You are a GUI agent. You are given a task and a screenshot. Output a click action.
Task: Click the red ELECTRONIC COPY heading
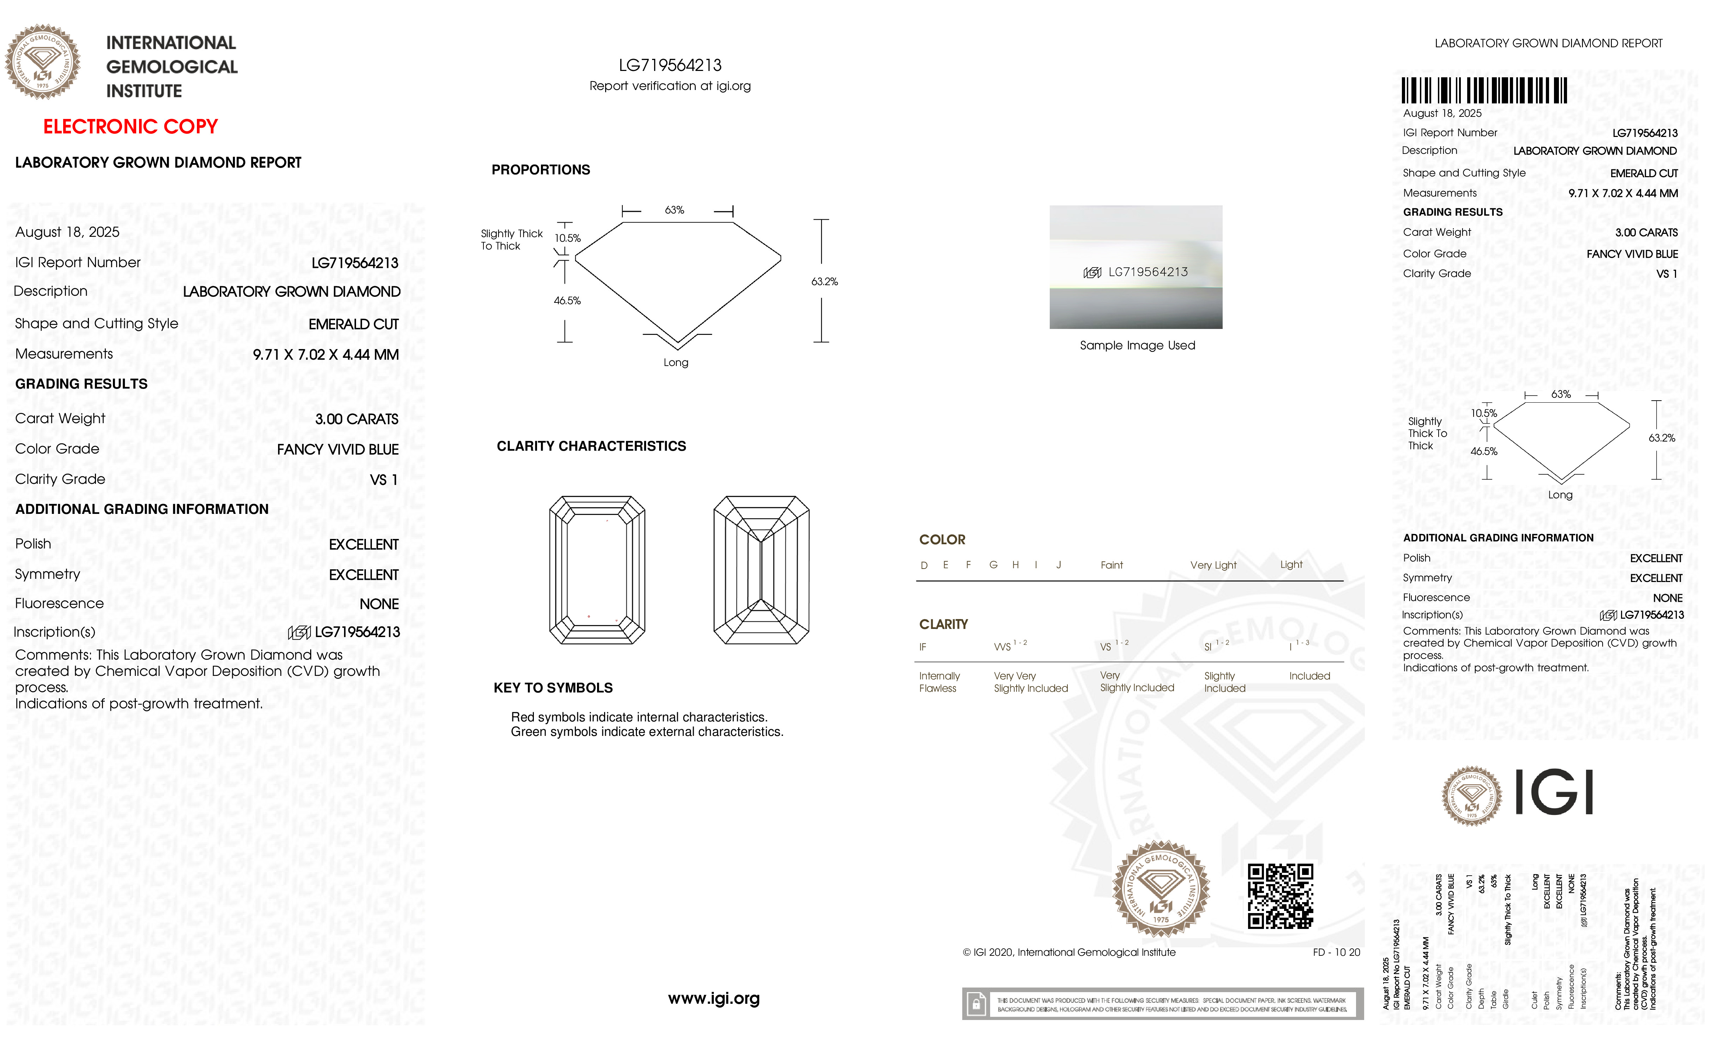131,127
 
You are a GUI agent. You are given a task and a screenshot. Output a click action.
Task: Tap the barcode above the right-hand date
1484,91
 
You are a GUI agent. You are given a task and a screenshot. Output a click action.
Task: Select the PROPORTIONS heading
540,170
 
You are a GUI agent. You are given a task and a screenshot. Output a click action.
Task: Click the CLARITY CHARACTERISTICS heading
591,446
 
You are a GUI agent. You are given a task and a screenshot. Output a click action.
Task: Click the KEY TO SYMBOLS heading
553,688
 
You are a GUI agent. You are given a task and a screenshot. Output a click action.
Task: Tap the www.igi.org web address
713,998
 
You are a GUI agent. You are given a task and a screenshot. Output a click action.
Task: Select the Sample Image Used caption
1137,345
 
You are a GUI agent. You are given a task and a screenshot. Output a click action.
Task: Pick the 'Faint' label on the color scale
1111,565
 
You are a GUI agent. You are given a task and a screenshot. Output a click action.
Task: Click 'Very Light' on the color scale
1213,565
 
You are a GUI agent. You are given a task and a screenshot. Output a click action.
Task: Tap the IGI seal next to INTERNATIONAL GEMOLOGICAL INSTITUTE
43,62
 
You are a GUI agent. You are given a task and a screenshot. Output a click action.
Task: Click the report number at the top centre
670,65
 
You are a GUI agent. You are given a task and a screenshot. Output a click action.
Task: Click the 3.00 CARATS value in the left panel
356,419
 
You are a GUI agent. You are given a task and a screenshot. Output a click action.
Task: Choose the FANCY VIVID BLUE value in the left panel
338,449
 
